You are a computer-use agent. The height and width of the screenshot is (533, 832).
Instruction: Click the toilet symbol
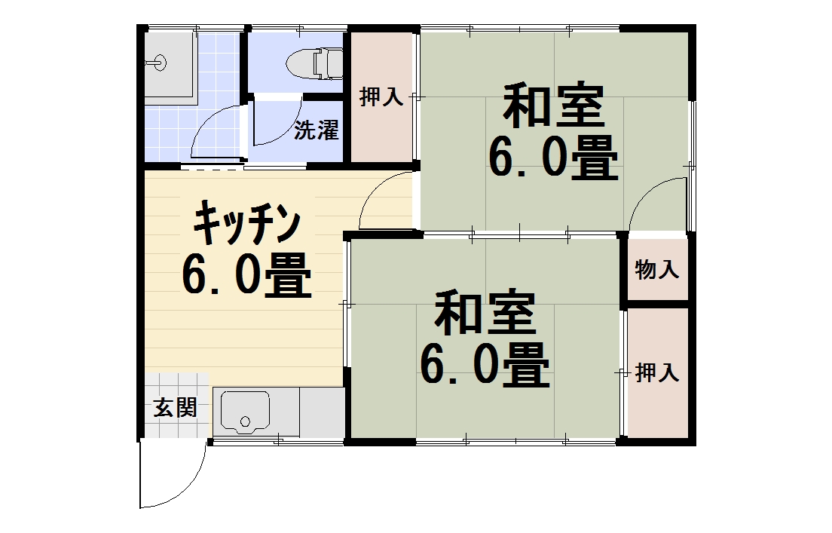[315, 64]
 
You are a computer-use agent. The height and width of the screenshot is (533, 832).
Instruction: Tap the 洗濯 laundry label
[317, 130]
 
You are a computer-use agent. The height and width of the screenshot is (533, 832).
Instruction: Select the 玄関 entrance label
[175, 408]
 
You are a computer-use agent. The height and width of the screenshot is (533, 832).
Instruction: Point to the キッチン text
[247, 224]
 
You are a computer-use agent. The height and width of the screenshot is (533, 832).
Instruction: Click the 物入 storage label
[657, 270]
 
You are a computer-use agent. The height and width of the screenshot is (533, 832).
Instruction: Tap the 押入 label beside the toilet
[381, 96]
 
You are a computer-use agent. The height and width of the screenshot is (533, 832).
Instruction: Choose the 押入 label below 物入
[657, 372]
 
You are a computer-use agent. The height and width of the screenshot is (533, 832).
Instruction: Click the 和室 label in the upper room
[554, 105]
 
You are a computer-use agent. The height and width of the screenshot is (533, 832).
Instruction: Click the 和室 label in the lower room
[485, 312]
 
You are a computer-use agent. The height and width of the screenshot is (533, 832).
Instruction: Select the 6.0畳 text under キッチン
[246, 275]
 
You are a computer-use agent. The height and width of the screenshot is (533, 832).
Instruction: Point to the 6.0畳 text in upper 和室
[553, 158]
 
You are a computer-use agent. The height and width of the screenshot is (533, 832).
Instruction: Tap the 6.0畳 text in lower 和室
[485, 365]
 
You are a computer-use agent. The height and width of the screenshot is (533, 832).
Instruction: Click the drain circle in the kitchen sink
[245, 421]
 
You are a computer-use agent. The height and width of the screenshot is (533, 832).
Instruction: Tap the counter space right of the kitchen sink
[322, 412]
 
